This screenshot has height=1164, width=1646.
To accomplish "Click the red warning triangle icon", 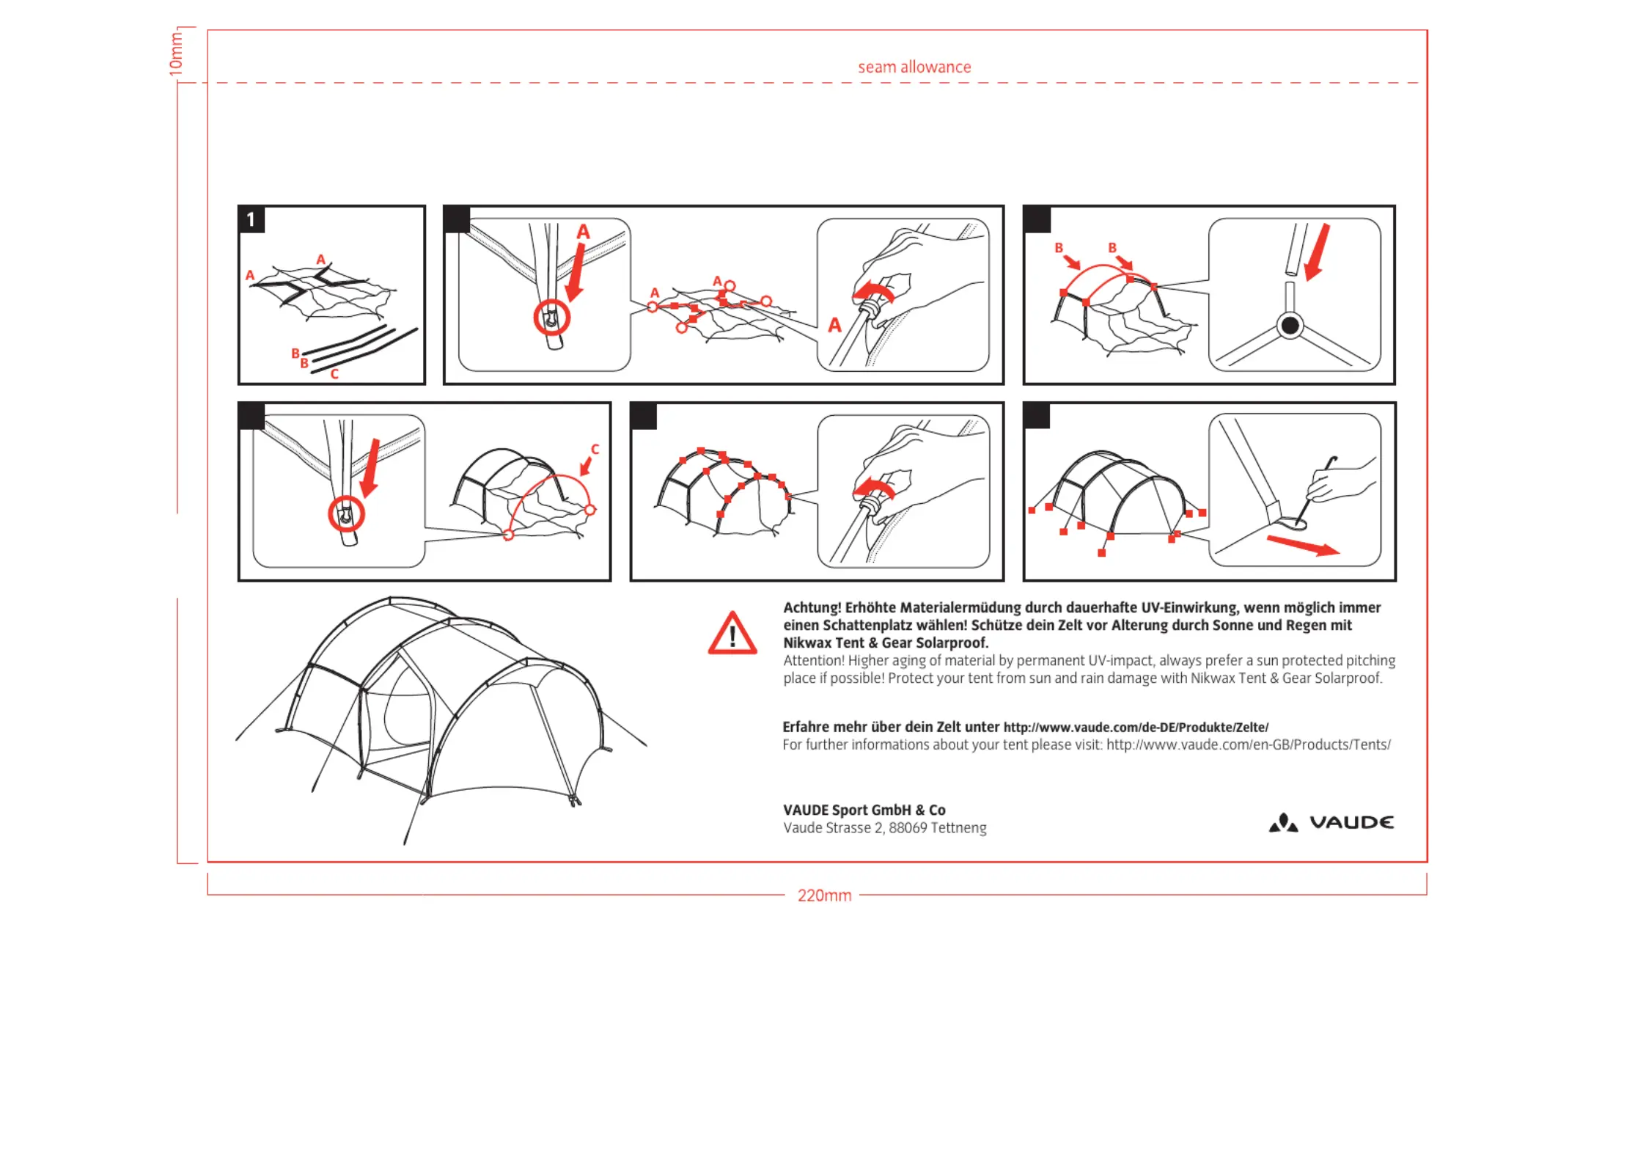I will (732, 634).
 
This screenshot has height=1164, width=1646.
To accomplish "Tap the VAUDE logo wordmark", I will (1351, 822).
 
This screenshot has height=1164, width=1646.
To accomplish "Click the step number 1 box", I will (251, 219).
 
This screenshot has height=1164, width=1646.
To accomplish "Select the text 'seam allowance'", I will (914, 67).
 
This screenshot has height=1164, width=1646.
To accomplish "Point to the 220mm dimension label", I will (824, 896).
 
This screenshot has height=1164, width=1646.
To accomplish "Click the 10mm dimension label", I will (176, 54).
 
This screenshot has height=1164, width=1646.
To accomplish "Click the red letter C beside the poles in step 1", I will (334, 374).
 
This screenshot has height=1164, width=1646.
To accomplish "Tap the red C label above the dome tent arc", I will (595, 449).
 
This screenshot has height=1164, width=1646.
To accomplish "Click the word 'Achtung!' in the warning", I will (812, 607).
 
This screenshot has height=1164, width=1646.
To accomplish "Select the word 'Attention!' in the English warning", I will (813, 660).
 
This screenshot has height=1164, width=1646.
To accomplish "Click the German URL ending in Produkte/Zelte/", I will (1136, 727).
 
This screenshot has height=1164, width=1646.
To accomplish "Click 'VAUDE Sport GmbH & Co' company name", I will (864, 810).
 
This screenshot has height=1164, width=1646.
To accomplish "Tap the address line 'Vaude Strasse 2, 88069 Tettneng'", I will (884, 828).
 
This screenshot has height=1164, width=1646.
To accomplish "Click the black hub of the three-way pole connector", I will (1290, 325).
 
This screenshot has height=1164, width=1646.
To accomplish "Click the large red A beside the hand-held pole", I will (834, 325).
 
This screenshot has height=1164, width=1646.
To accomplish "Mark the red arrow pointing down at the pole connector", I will (1318, 252).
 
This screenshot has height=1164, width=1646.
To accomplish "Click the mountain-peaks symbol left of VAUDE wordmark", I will (1283, 823).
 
